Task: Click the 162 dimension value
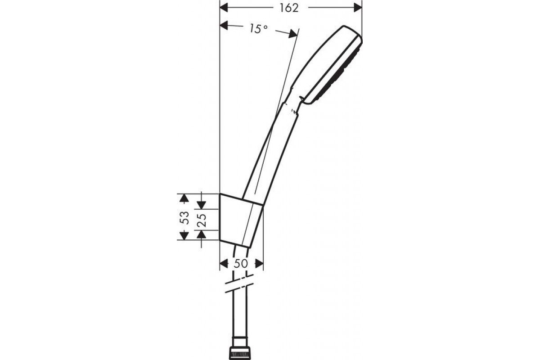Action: (x=289, y=8)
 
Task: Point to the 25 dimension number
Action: (x=202, y=220)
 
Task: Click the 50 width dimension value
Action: (x=241, y=264)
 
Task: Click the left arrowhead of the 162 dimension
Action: (x=224, y=8)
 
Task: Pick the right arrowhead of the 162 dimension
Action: (x=358, y=8)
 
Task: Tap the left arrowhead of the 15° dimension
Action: (x=224, y=25)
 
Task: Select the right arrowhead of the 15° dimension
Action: (x=293, y=34)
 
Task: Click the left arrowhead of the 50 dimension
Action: (x=224, y=264)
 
